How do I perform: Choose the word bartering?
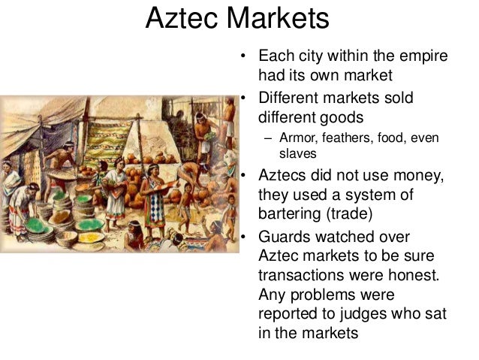[x=291, y=213]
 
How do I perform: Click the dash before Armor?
[x=267, y=138]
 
